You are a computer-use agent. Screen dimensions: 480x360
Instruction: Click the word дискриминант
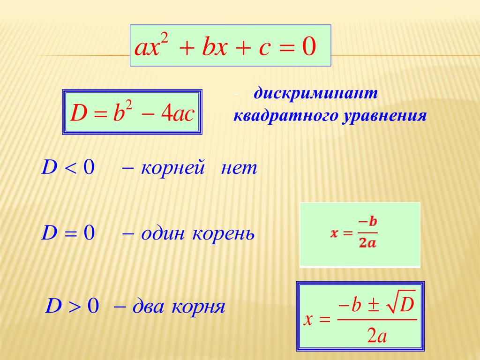point(315,93)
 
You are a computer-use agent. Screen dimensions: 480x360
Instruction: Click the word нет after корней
point(239,168)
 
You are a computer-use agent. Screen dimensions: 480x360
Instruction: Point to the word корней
point(172,168)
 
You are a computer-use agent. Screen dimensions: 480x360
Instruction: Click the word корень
point(224,234)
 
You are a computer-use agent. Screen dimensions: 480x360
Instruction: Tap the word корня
point(198,307)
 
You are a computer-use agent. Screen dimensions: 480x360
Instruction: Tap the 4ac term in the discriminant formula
point(178,113)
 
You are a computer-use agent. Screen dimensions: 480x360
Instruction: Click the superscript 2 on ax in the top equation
point(165,39)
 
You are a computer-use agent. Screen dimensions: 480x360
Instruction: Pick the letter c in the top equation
point(264,49)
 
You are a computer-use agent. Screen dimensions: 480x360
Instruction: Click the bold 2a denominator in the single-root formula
point(367,243)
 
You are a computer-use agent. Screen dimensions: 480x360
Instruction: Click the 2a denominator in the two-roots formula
point(377,336)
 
